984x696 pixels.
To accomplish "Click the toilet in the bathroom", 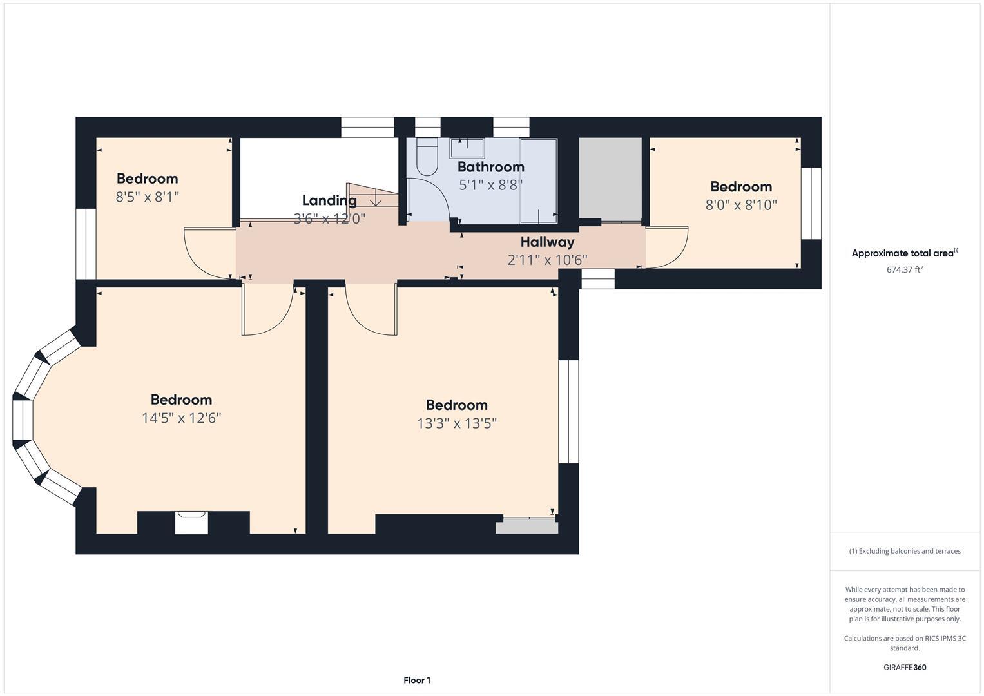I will click(x=427, y=157).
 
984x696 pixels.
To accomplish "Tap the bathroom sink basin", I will click(x=467, y=148).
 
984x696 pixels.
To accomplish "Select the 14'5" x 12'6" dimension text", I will click(x=181, y=418).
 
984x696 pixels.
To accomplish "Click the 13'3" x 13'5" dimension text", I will click(x=456, y=423).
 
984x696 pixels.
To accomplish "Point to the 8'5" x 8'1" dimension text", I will click(x=147, y=197).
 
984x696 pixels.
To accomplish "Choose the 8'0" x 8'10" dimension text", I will click(x=741, y=205).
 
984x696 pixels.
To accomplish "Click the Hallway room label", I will click(x=547, y=242).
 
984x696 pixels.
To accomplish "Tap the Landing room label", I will click(x=329, y=200).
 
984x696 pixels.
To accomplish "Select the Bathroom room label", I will click(x=490, y=167).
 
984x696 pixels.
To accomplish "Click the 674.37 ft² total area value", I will click(x=904, y=270).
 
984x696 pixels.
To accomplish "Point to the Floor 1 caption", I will click(x=417, y=680).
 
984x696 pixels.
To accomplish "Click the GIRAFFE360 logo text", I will click(x=904, y=667).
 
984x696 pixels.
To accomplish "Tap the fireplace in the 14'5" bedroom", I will click(x=192, y=522).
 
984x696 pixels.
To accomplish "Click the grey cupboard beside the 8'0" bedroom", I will click(x=610, y=179).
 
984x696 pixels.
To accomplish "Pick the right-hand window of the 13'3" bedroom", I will click(x=568, y=411).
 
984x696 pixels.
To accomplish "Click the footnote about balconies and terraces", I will click(x=904, y=551).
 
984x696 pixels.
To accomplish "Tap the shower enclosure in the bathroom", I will click(x=538, y=180).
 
